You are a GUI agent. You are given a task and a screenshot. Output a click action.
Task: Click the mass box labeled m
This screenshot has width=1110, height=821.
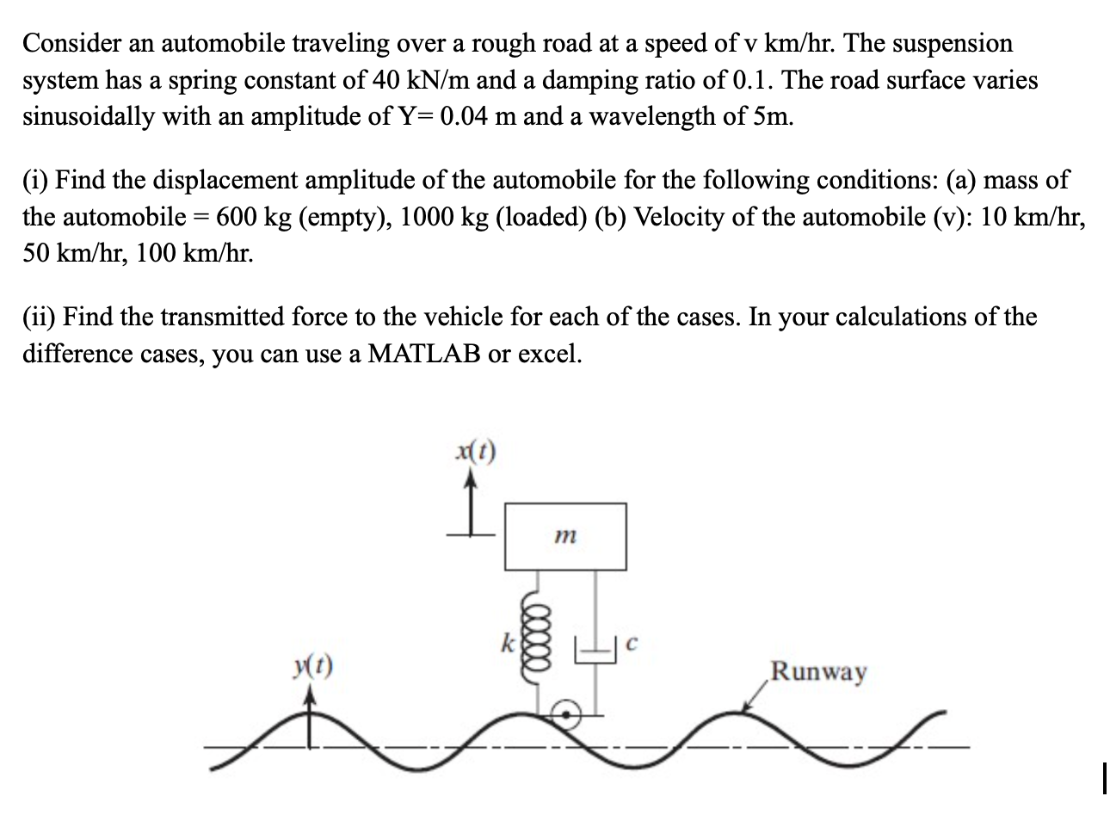pos(565,535)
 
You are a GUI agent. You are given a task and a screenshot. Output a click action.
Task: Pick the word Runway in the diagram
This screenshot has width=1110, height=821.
pos(818,670)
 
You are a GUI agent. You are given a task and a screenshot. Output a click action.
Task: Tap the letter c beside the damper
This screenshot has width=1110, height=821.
pos(632,643)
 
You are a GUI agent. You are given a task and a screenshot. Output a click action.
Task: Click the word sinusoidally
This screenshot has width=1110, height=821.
pos(89,116)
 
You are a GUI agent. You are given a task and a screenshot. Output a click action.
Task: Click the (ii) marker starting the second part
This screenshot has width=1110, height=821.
pos(39,318)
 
